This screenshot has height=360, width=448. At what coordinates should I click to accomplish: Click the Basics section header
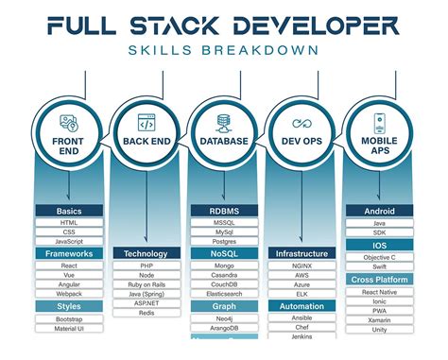tap(69, 211)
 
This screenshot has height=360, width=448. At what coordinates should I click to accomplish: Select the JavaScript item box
tap(69, 242)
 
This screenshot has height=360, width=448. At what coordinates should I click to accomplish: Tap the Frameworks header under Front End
tap(69, 254)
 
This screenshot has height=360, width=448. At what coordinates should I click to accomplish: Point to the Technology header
tap(146, 254)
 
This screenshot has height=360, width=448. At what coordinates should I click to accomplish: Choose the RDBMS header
tap(223, 211)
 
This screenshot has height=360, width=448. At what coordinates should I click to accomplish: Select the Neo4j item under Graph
tap(223, 319)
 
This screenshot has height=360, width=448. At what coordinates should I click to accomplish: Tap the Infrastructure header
tap(302, 254)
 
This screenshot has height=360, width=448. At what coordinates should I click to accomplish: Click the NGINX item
tap(302, 266)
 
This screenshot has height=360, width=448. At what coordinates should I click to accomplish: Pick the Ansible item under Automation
tap(302, 318)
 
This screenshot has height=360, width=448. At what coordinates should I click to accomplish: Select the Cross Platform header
tap(378, 280)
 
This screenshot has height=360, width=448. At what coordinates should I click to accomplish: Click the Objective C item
tap(378, 257)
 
